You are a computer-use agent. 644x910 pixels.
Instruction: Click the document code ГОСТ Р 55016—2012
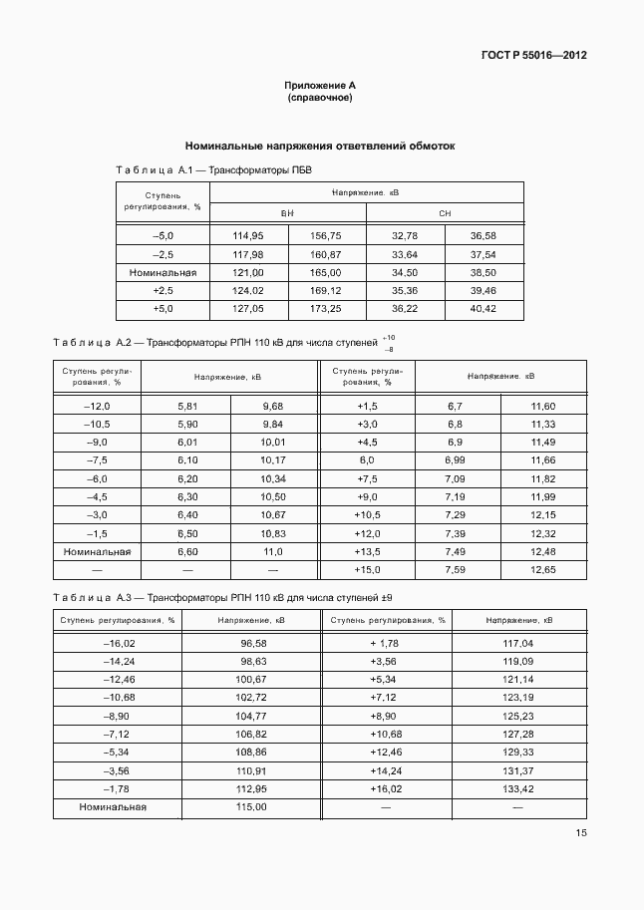click(532, 55)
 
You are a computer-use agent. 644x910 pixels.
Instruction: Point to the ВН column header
click(287, 214)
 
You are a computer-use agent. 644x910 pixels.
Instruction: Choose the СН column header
click(445, 214)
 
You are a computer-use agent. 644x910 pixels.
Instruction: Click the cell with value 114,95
click(247, 235)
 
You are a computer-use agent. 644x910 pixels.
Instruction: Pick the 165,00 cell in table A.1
click(326, 272)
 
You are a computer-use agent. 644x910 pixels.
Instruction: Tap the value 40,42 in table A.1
click(483, 309)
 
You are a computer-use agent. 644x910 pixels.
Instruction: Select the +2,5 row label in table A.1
click(162, 290)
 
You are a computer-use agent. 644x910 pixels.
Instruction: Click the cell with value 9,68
click(272, 407)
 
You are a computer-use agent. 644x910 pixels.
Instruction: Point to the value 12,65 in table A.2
click(543, 569)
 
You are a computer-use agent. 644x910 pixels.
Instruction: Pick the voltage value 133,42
click(518, 788)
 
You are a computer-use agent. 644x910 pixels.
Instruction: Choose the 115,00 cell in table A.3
click(251, 806)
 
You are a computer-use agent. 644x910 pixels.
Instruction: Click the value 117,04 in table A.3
click(518, 644)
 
